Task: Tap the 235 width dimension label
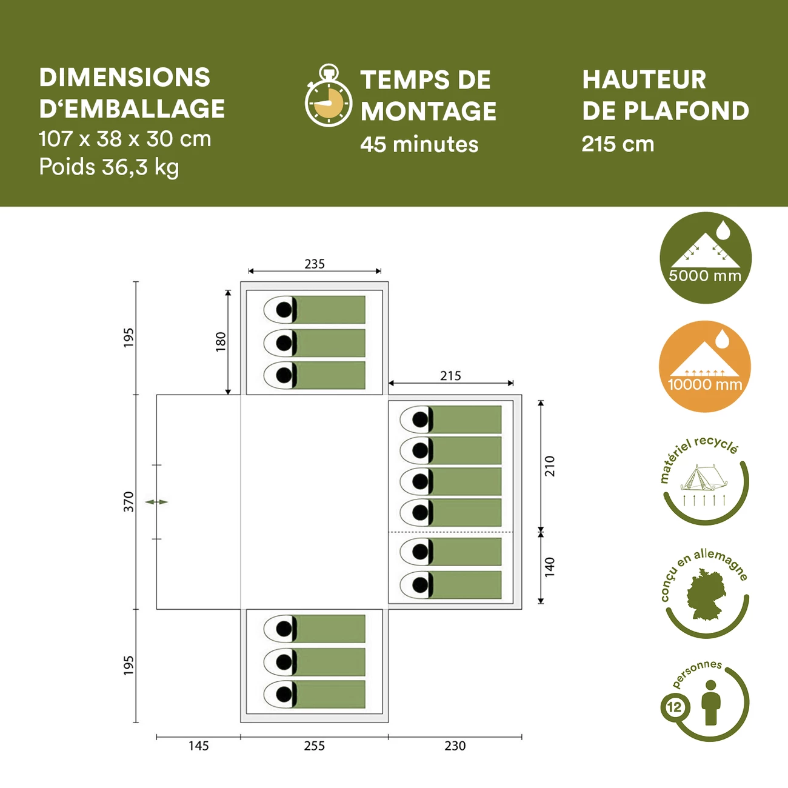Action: click(x=315, y=264)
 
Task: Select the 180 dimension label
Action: click(x=221, y=342)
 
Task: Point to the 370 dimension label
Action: click(x=129, y=501)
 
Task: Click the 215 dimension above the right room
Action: click(x=450, y=376)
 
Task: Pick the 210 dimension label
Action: click(x=550, y=466)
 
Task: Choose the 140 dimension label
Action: click(x=550, y=567)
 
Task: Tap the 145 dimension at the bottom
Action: click(x=198, y=746)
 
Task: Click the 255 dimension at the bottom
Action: click(x=315, y=746)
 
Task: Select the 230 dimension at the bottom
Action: click(x=455, y=746)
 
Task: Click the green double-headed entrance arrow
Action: click(x=156, y=502)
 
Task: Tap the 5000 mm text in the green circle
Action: click(x=705, y=276)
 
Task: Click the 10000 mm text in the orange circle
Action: click(x=705, y=384)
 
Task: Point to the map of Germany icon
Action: click(x=705, y=594)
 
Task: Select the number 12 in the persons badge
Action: click(x=675, y=707)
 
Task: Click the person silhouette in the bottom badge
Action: click(x=710, y=703)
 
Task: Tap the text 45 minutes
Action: click(x=419, y=145)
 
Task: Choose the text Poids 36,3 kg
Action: click(x=109, y=167)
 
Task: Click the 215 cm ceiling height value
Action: click(x=618, y=144)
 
